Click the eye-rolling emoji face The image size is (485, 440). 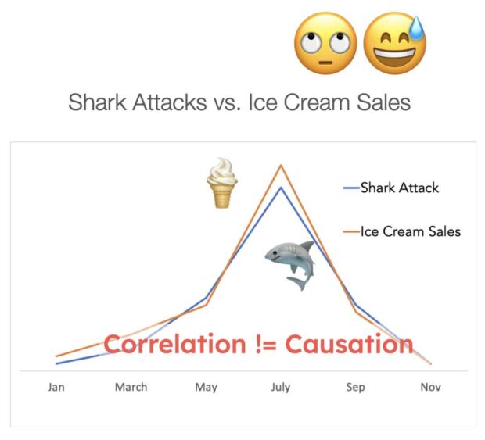325,43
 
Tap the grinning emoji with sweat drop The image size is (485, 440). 394,43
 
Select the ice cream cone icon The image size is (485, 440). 222,183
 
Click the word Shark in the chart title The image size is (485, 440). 97,102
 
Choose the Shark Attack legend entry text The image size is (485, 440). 399,188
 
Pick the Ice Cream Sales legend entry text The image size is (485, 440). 411,231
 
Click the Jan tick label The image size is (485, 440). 56,387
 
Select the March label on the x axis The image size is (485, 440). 131,387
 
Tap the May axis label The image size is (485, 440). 206,387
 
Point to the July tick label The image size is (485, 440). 281,387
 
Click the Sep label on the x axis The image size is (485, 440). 355,387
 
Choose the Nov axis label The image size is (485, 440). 430,387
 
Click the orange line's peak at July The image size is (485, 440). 281,165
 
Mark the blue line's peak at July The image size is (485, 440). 281,188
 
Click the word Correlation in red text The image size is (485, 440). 174,344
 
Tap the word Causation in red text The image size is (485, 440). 349,344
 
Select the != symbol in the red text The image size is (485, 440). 266,344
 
